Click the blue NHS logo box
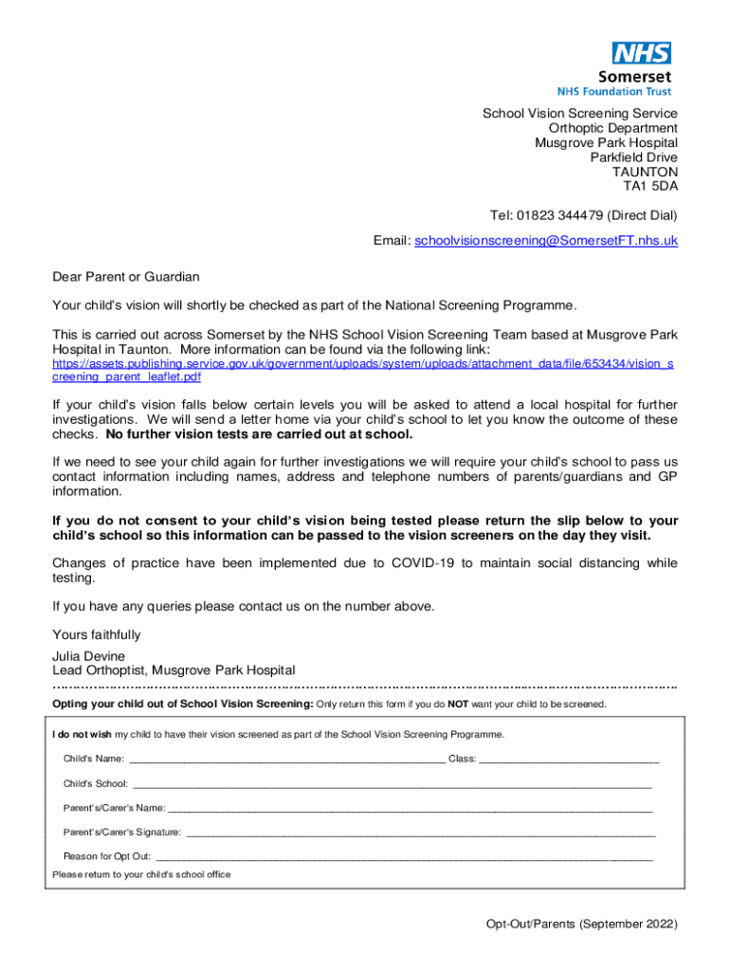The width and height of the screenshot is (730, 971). point(642,53)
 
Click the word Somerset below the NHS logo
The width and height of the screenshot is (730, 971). point(634,77)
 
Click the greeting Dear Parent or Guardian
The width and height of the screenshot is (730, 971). point(126,277)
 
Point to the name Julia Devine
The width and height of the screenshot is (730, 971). point(87,656)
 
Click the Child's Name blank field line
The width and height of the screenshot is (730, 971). point(286,760)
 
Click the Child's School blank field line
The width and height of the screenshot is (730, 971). point(392,786)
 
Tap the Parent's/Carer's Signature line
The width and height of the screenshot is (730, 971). point(420,834)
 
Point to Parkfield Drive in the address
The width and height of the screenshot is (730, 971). point(633,157)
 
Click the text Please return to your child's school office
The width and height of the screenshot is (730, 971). point(141,874)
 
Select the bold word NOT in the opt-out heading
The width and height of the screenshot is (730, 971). point(458,705)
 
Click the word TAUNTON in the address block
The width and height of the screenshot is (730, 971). point(645,172)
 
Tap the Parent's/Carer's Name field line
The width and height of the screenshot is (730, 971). point(410,810)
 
